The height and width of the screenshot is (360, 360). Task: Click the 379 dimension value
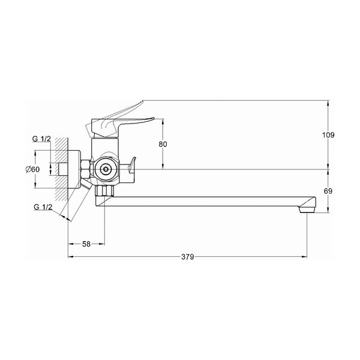tap(188, 257)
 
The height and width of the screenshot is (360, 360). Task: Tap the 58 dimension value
tap(86, 244)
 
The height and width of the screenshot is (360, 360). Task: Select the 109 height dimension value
tap(329, 135)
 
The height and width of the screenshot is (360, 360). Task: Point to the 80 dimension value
tap(163, 144)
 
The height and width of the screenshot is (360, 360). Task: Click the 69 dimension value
tap(328, 191)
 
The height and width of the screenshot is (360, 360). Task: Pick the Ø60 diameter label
tap(32, 169)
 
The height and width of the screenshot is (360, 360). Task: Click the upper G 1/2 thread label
tap(41, 139)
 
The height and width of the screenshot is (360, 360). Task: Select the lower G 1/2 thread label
tap(43, 207)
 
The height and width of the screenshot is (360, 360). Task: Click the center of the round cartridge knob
tap(106, 170)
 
